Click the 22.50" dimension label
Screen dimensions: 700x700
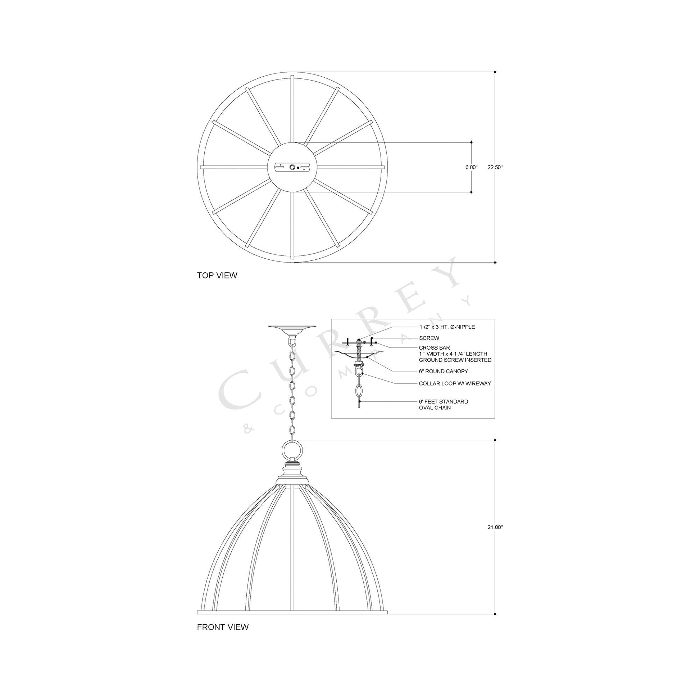495,167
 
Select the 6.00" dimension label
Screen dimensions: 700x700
471,167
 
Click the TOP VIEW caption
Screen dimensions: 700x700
217,276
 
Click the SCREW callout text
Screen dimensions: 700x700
429,338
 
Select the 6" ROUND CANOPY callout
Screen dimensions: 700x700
444,371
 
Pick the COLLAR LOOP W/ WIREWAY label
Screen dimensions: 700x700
455,383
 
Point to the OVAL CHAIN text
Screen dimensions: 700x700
435,408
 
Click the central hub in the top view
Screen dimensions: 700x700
292,167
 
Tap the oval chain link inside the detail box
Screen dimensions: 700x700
359,392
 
